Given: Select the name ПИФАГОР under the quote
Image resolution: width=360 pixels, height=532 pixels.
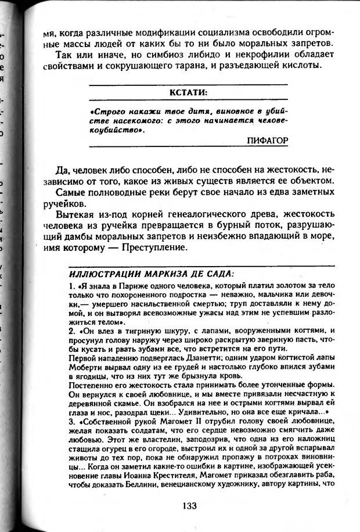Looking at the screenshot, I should tap(268, 141).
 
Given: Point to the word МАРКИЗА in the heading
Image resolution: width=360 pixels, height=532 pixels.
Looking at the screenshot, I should tap(154, 273).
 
